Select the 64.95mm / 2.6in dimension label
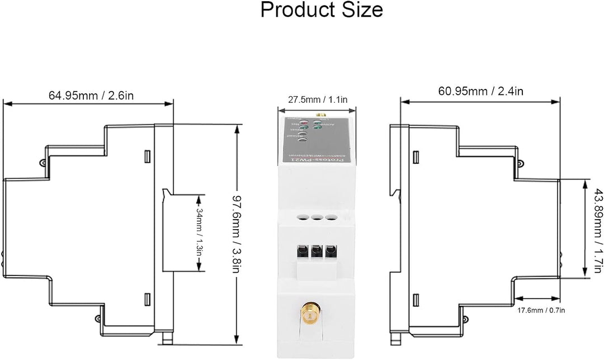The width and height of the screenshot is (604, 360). tap(91, 95)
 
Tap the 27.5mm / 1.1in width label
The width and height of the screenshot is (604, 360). tap(314, 100)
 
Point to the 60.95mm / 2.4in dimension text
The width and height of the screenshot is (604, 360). tap(480, 91)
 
